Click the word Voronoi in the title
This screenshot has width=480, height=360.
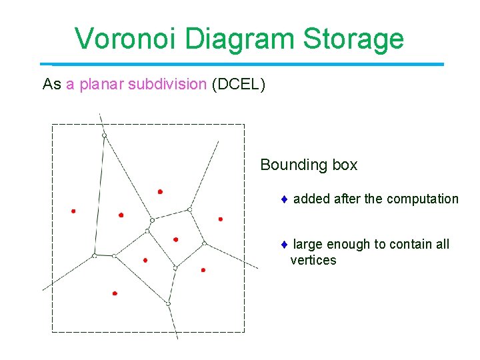coord(126,39)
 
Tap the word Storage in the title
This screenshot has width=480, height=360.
coord(353,39)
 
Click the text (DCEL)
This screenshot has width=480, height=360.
coord(238,85)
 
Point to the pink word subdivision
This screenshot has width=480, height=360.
coord(167,85)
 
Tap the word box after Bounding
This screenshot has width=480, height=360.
coord(342,165)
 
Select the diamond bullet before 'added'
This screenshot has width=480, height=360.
coord(283,199)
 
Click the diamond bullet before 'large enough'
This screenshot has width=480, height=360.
coord(283,245)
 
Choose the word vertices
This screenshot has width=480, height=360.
coord(313,261)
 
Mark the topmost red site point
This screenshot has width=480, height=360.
coord(160,191)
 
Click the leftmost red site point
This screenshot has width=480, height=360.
coord(73,211)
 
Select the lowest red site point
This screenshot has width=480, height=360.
coord(115,293)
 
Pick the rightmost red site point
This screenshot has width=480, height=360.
coord(221,219)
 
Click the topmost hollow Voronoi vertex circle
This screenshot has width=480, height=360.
coord(104,136)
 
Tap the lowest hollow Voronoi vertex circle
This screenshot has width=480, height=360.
coord(168,304)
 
